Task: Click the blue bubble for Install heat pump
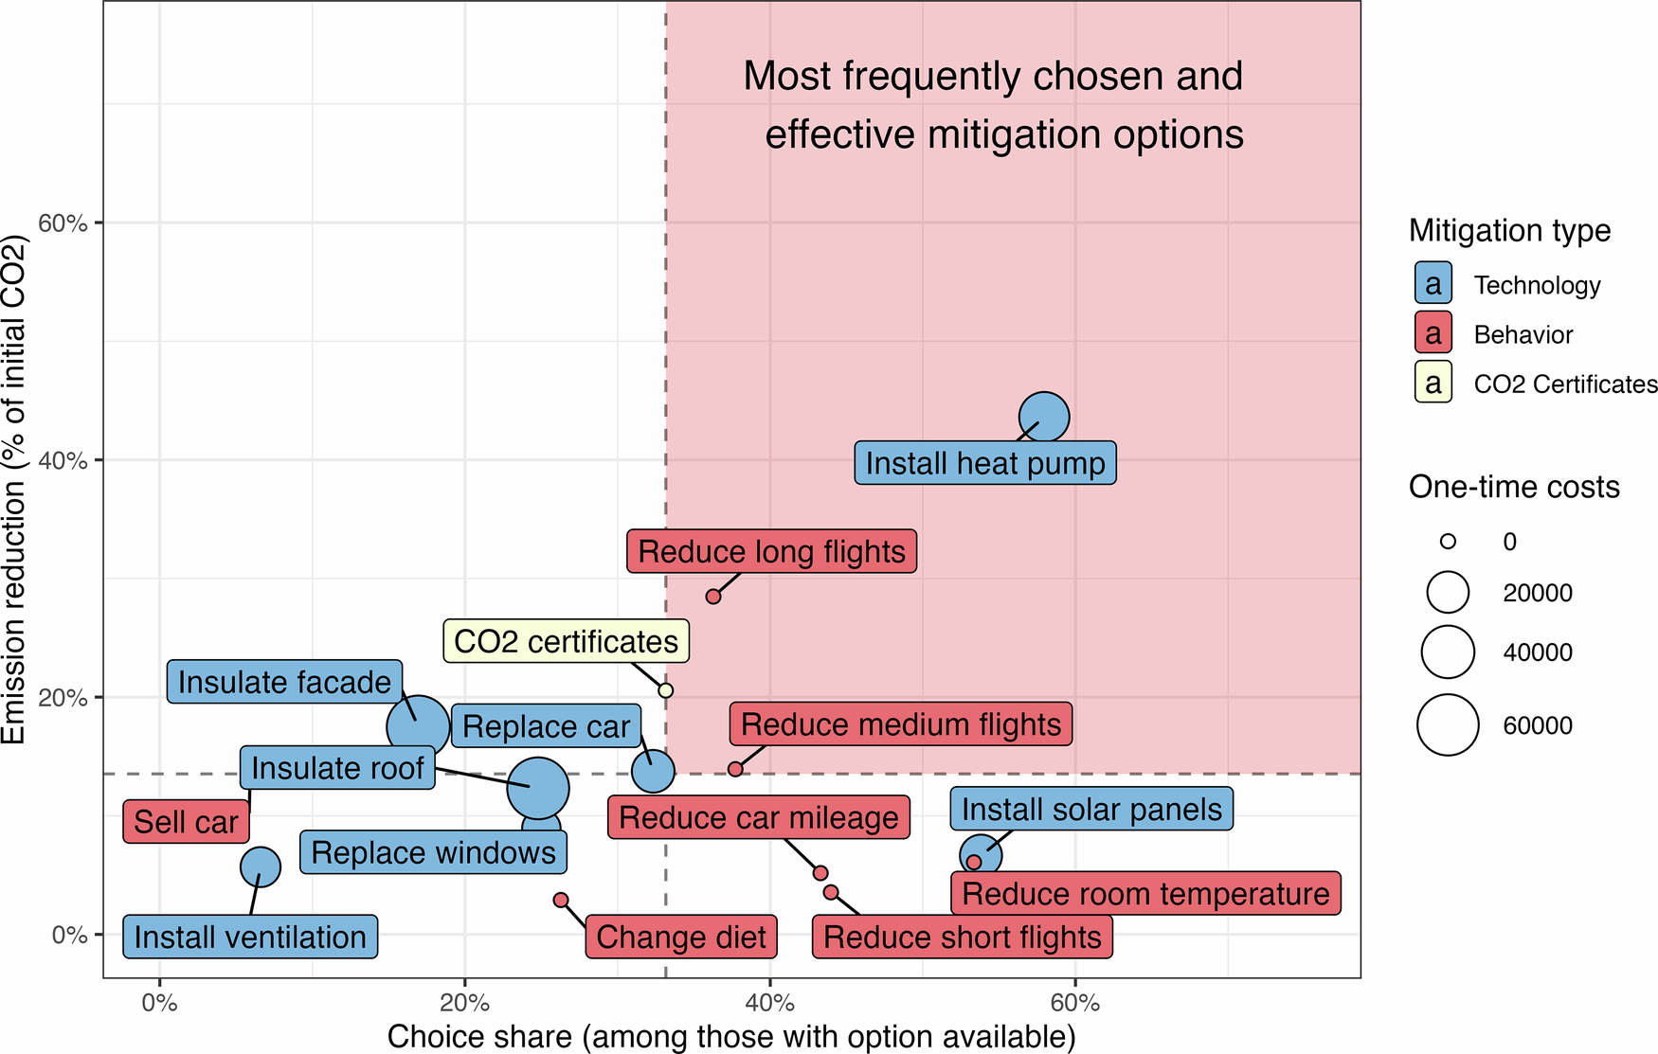point(1043,417)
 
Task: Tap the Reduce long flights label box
point(771,551)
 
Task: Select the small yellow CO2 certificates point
point(665,690)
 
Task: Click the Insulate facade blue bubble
point(418,727)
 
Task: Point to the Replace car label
point(546,726)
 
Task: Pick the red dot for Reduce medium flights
point(735,769)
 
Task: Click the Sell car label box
point(186,821)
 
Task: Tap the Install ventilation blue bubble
point(261,866)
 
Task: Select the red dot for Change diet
point(561,900)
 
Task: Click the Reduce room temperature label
point(1145,893)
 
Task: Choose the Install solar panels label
point(1091,809)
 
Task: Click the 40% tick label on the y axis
point(63,460)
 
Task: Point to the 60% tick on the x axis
point(1074,1003)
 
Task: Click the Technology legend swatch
point(1433,284)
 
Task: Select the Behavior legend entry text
point(1523,334)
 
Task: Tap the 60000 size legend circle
point(1448,724)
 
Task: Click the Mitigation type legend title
point(1509,230)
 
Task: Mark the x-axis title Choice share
point(731,1036)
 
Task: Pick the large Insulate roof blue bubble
point(537,788)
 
